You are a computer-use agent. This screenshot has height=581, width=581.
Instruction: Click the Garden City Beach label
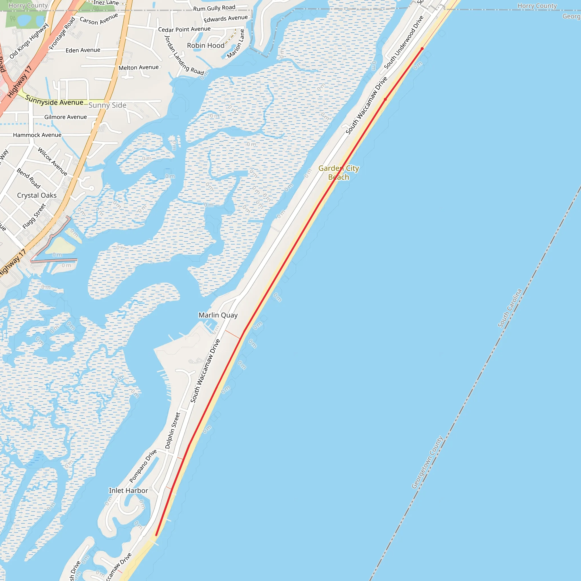[x=339, y=172]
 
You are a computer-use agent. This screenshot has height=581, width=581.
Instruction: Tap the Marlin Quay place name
[x=218, y=315]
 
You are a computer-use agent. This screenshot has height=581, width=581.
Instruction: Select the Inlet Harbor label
[x=129, y=491]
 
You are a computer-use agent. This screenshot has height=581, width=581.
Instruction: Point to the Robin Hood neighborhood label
[x=206, y=45]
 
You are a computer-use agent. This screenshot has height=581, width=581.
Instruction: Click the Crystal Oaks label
[x=37, y=195]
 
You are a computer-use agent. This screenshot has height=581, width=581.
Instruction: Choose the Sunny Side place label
[x=107, y=105]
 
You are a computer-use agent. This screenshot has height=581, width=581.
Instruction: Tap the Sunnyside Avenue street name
[x=54, y=100]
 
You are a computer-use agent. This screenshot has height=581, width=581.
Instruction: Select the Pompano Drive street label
[x=143, y=466]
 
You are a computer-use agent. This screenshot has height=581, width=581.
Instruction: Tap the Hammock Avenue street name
[x=37, y=135]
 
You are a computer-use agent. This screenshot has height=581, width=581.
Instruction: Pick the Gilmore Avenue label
[x=66, y=117]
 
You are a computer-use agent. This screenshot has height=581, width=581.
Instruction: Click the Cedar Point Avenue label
[x=184, y=29]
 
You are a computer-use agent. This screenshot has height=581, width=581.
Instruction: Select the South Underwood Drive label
[x=404, y=42]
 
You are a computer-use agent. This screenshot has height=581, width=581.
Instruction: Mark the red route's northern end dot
[x=422, y=49]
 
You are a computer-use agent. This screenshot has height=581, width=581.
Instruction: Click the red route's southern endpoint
[x=156, y=535]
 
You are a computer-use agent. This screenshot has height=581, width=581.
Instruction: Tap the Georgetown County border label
[x=427, y=462]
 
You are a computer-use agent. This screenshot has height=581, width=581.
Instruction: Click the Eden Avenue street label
[x=83, y=50]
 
